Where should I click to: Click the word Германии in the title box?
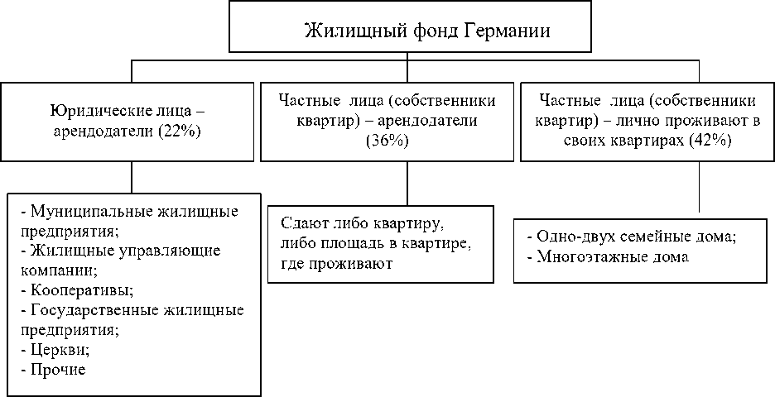507,31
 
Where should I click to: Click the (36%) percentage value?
386,141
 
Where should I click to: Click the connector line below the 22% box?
132,176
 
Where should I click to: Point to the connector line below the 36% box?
407,182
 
